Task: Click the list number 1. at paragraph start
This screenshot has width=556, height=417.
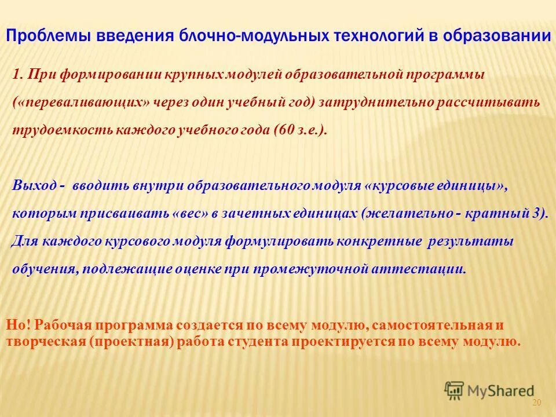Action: [19, 75]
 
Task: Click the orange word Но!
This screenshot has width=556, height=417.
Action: [18, 325]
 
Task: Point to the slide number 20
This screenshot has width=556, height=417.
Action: [536, 403]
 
